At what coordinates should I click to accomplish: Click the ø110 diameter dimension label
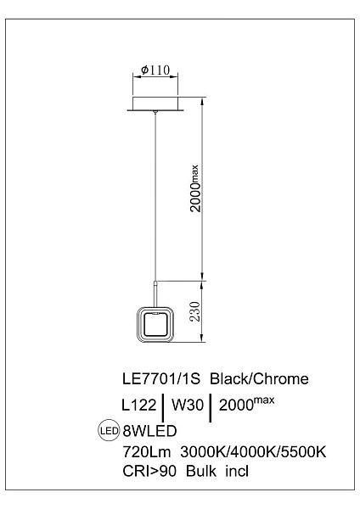pos(155,70)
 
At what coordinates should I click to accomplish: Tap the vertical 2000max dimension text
pos(195,188)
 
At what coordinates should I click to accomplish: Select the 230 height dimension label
pos(195,311)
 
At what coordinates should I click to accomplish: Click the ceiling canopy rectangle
pos(155,103)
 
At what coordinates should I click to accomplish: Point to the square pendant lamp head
pos(155,324)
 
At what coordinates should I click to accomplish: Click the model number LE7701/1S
pos(161,379)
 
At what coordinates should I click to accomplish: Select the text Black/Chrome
pos(259,379)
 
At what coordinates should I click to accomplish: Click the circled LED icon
pos(109,431)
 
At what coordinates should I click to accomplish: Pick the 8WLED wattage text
pos(149,431)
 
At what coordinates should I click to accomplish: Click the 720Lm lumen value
pos(147,451)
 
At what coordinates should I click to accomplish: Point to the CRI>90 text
pos(149,471)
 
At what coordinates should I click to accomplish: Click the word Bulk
pos(200,471)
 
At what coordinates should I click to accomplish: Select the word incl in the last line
pos(237,471)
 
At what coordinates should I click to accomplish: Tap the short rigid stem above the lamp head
pos(156,294)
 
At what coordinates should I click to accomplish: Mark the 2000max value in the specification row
pos(246,403)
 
